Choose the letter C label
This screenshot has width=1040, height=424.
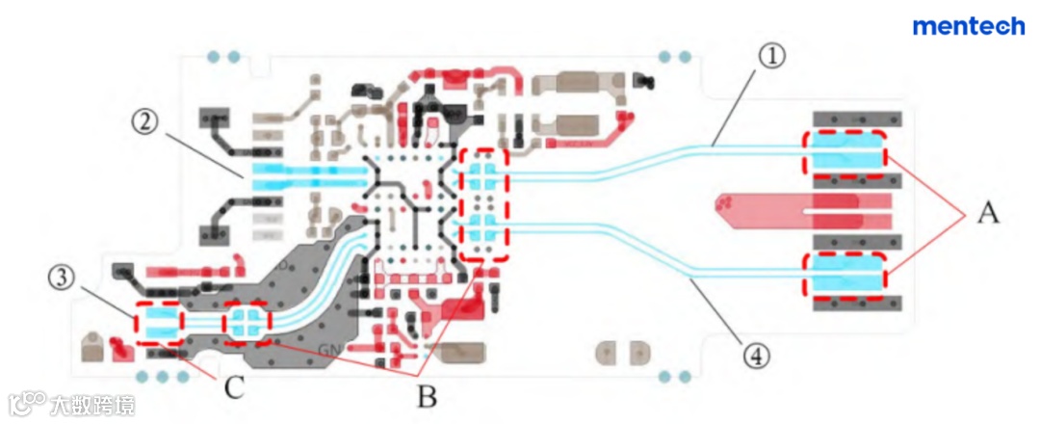(x=232, y=388)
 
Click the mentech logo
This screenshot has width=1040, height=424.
(x=968, y=26)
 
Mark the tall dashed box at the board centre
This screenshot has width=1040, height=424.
(x=483, y=204)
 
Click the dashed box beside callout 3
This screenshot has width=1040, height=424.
(x=160, y=324)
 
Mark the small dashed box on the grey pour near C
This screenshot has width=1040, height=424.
(x=247, y=322)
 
